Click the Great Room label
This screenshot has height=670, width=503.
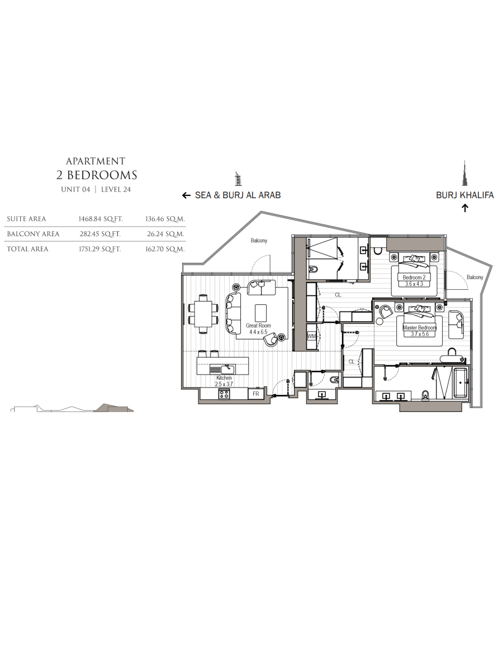[x=258, y=326]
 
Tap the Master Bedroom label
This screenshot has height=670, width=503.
[x=420, y=328]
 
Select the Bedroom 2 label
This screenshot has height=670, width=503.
[x=414, y=277]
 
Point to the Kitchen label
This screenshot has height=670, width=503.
[x=224, y=378]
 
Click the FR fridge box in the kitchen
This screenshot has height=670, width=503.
[x=256, y=394]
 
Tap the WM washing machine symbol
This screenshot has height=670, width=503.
[x=311, y=336]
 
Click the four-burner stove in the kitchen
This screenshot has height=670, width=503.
[x=224, y=394]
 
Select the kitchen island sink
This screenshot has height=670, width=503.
[x=222, y=370]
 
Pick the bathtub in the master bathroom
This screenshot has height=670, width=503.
[x=461, y=383]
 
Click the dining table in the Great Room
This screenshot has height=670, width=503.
[x=203, y=313]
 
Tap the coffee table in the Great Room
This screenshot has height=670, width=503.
[x=260, y=313]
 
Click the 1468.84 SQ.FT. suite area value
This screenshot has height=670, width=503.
[x=101, y=219]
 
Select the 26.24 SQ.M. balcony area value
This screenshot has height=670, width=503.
[x=165, y=234]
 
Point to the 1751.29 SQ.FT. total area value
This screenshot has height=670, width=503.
[x=100, y=249]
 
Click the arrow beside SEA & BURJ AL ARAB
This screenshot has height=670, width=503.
[x=186, y=195]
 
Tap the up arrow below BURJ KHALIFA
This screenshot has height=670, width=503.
[x=465, y=208]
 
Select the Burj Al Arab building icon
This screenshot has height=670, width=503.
[x=238, y=179]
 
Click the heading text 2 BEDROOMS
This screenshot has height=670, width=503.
[x=97, y=175]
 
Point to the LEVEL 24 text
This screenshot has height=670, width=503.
[x=116, y=189]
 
